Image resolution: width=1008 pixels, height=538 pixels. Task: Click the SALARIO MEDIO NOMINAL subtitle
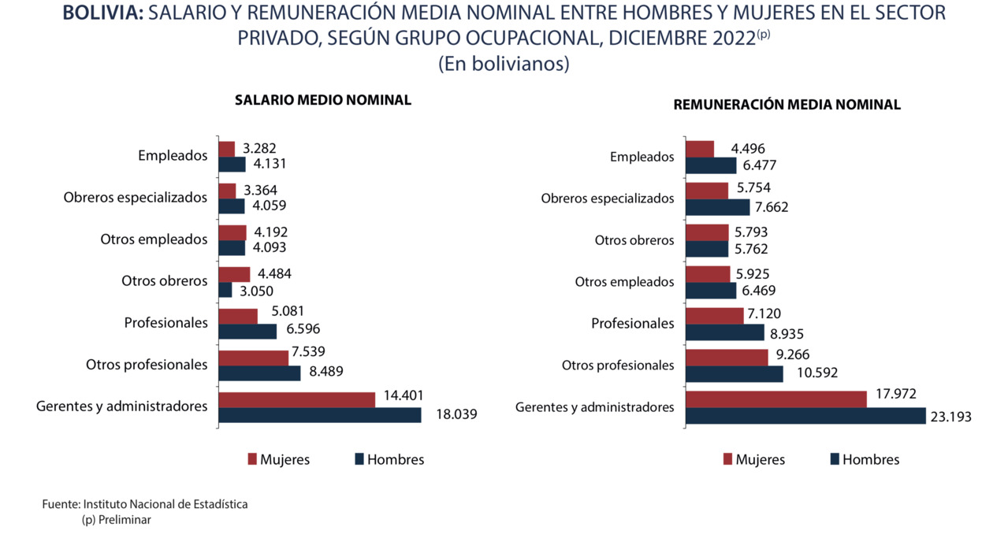(x=322, y=100)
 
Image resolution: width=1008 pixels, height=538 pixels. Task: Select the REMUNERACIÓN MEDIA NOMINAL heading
(x=787, y=105)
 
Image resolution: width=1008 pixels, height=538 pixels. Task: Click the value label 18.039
(x=456, y=414)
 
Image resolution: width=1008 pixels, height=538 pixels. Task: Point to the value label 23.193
(x=950, y=417)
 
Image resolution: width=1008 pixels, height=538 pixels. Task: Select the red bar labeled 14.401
(x=296, y=399)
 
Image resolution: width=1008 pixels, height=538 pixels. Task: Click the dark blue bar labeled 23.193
(x=805, y=416)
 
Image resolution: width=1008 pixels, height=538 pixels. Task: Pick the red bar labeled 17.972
(x=776, y=399)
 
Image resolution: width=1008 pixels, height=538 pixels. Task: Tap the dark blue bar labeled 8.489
(x=259, y=373)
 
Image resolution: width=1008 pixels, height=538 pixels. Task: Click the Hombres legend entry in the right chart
(x=865, y=459)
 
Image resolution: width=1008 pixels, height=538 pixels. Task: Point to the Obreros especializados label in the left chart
(x=136, y=197)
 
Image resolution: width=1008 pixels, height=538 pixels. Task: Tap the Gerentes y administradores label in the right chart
(x=595, y=407)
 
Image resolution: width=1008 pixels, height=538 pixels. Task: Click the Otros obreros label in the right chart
(x=634, y=240)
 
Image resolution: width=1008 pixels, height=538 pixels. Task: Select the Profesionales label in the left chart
(x=166, y=322)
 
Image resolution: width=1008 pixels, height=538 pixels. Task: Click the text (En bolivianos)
(x=504, y=64)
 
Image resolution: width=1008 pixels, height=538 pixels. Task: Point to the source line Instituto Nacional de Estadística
(x=145, y=504)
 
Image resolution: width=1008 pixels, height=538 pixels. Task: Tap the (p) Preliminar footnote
(x=116, y=520)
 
